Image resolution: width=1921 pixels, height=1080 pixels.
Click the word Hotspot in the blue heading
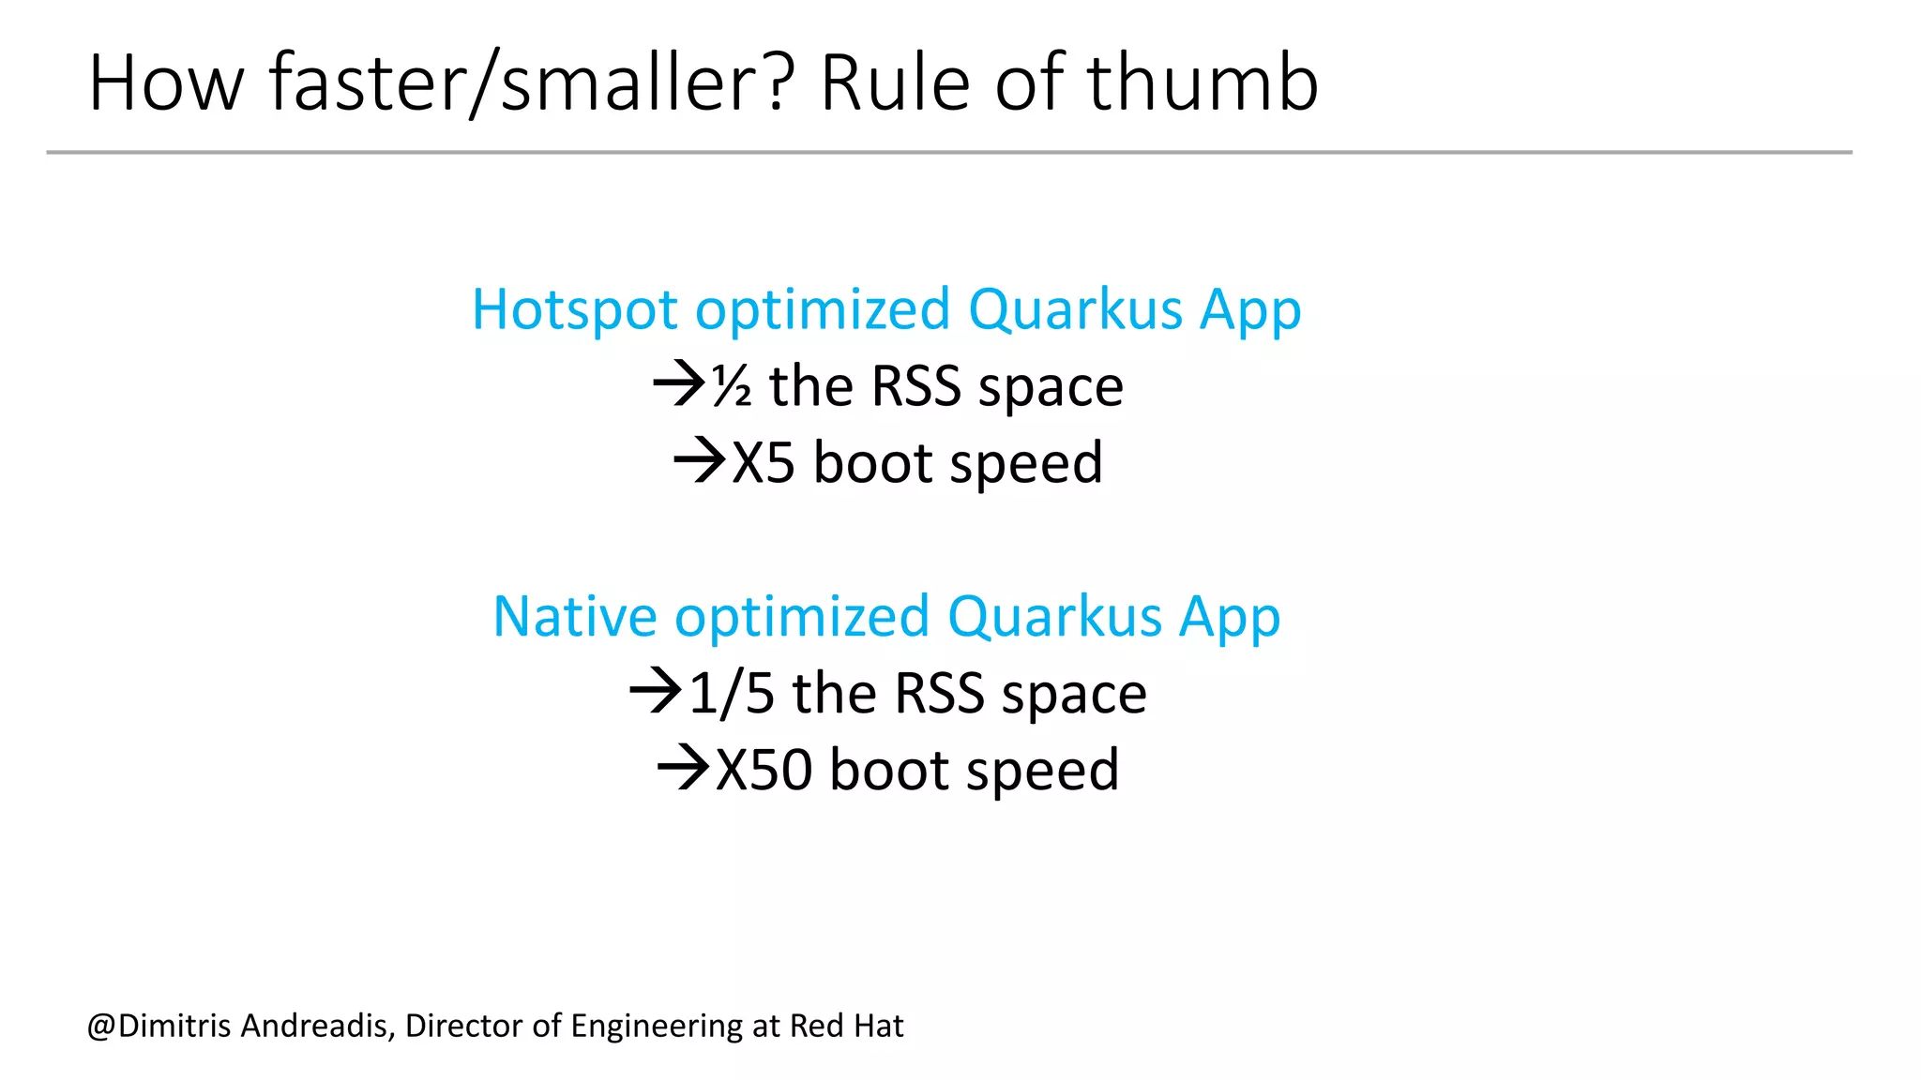coord(574,309)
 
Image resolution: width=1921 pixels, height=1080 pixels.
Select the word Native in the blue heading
coord(574,617)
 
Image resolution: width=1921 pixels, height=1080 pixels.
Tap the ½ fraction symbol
coord(732,386)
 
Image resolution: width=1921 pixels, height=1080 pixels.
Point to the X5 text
coord(763,462)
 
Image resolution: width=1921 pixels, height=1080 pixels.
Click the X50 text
coord(764,770)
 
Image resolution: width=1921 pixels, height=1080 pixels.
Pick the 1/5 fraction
coord(732,694)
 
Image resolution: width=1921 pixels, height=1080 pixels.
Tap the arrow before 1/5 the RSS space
coord(656,691)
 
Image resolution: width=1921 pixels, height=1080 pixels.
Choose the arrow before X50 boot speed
coord(684,768)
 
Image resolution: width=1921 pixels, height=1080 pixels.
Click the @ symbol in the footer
coord(101,1027)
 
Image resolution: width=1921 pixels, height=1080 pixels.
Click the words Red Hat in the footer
coord(846,1026)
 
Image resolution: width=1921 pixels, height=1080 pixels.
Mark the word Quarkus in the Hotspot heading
coord(1075,309)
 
